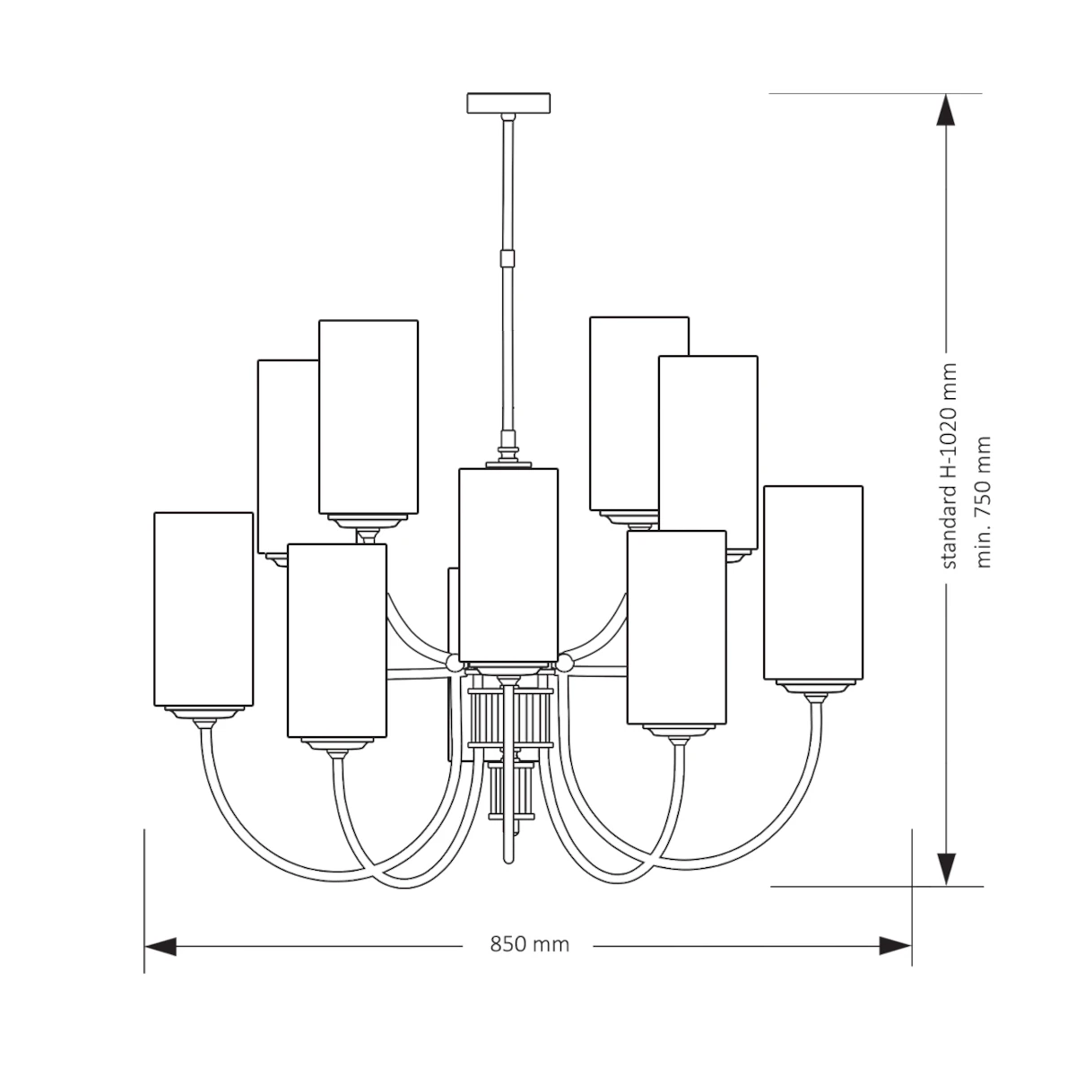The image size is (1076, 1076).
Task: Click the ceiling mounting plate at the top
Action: tap(508, 103)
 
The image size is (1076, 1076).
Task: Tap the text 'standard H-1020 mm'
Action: tap(949, 466)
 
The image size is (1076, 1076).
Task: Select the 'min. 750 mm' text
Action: tap(984, 502)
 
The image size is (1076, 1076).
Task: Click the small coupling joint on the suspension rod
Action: tap(508, 258)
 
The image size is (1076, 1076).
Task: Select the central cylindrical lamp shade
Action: tap(508, 565)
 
